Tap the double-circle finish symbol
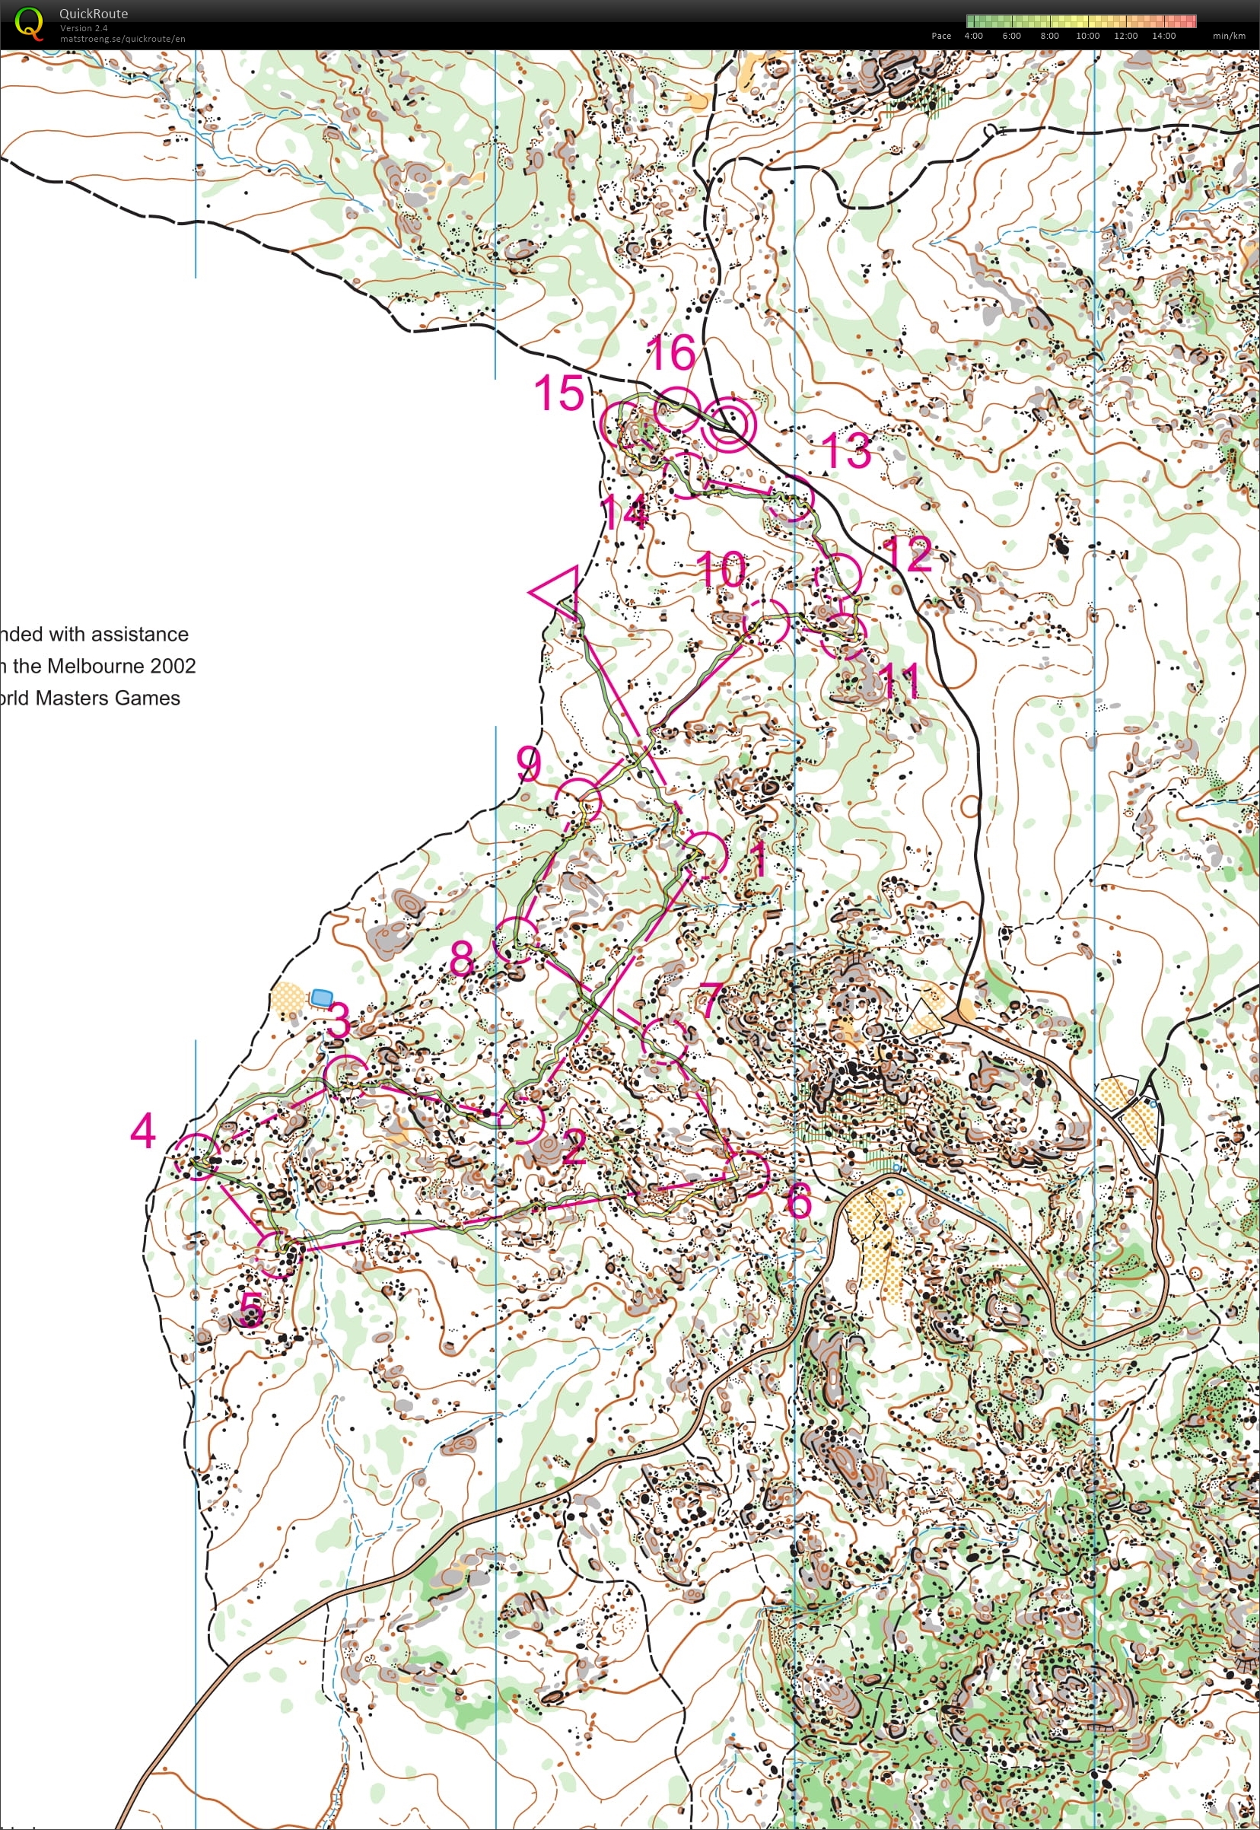pyautogui.click(x=729, y=424)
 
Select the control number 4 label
pyautogui.click(x=143, y=1131)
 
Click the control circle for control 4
pyautogui.click(x=196, y=1157)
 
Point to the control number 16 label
pyautogui.click(x=671, y=352)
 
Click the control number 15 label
pyautogui.click(x=560, y=393)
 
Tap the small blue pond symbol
pyautogui.click(x=320, y=997)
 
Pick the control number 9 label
pyautogui.click(x=529, y=763)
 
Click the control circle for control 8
pyautogui.click(x=517, y=939)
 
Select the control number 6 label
pyautogui.click(x=799, y=1201)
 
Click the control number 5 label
pyautogui.click(x=251, y=1309)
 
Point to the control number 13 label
pyautogui.click(x=846, y=450)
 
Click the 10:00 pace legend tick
pyautogui.click(x=1087, y=36)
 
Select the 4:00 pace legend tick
pyautogui.click(x=973, y=36)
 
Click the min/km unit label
pyautogui.click(x=1228, y=36)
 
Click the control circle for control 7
pyautogui.click(x=664, y=1039)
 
